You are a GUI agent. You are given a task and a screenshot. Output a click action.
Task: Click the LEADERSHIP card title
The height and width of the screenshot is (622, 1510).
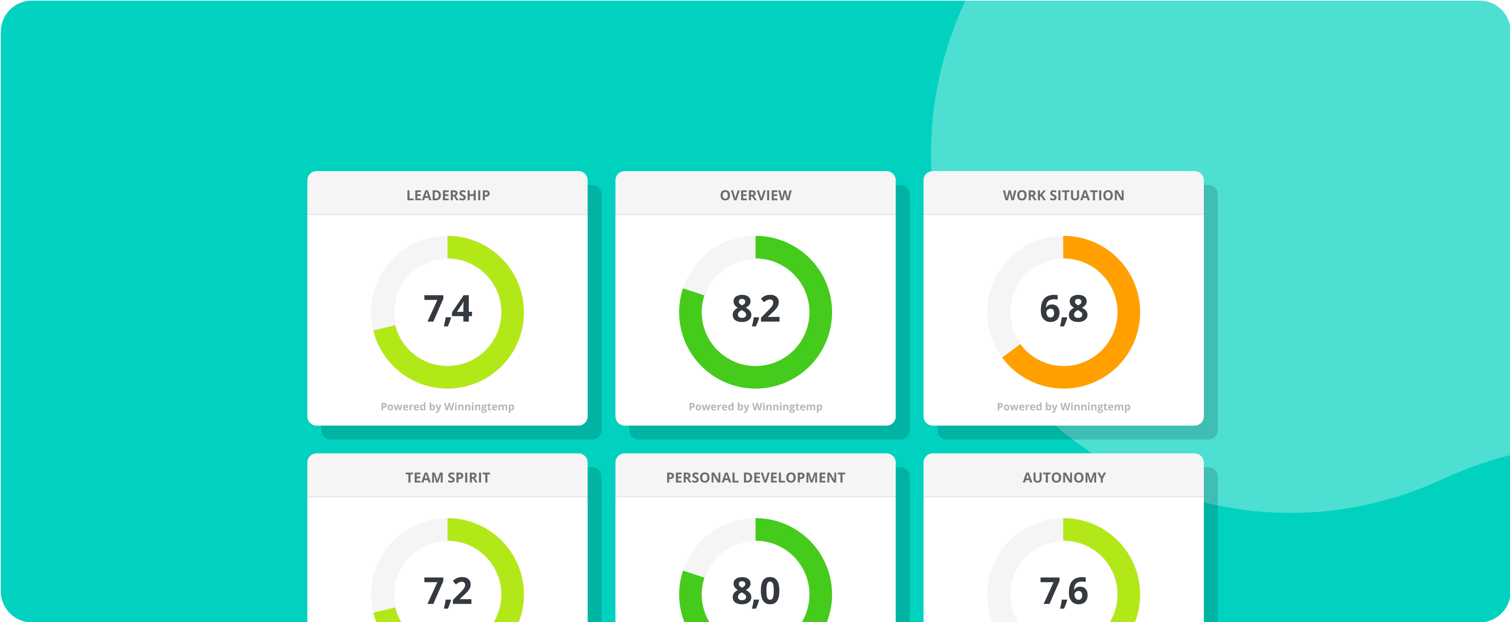[x=448, y=195]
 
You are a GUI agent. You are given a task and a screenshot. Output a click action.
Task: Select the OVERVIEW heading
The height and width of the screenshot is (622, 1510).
[x=756, y=195]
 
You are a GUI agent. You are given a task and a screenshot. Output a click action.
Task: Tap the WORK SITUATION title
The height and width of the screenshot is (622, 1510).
[x=1063, y=195]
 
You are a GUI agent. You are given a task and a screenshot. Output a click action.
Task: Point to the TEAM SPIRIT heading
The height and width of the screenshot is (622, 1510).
[x=448, y=477]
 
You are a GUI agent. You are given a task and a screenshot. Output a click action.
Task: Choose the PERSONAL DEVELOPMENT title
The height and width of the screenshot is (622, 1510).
[x=756, y=477]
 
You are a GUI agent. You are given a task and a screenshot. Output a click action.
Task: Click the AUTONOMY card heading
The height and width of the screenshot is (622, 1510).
[x=1064, y=477]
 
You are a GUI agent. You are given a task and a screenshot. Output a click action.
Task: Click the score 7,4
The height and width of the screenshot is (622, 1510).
[x=448, y=309]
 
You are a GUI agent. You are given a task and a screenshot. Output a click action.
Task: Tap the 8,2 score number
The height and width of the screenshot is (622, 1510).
[x=756, y=309]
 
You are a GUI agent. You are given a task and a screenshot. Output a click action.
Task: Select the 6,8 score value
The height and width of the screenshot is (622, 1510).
[x=1063, y=309]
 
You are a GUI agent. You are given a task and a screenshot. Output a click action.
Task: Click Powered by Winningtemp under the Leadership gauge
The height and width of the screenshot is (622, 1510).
[x=447, y=407]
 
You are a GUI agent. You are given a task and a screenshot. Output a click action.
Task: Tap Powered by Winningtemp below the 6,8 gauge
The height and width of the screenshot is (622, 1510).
[x=1063, y=407]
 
